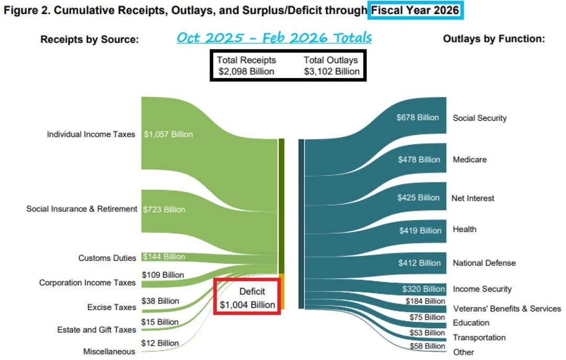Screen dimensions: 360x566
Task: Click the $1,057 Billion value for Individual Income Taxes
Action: click(x=168, y=134)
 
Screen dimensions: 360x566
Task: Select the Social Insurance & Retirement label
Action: click(x=82, y=209)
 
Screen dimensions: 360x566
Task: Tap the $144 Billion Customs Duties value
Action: click(x=164, y=257)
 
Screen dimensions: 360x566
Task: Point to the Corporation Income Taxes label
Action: click(x=87, y=283)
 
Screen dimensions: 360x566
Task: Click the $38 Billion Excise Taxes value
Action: click(x=160, y=301)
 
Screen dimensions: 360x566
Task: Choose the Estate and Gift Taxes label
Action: click(x=96, y=330)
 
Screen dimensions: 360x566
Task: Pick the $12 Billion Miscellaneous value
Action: click(x=160, y=343)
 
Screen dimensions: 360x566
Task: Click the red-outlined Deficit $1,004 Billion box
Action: click(x=247, y=298)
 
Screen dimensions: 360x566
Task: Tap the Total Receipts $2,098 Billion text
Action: click(x=246, y=66)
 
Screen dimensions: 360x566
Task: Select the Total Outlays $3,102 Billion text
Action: click(x=331, y=66)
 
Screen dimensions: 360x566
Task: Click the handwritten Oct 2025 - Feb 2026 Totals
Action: click(x=274, y=38)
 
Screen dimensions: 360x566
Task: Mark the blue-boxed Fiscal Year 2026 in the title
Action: click(x=415, y=10)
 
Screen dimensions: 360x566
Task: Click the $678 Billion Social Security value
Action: click(x=418, y=117)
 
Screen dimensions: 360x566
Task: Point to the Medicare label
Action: click(x=470, y=160)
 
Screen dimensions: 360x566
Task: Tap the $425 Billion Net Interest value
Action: click(x=418, y=198)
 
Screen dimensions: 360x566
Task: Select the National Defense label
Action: click(x=484, y=263)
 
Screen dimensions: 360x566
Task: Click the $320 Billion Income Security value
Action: click(x=423, y=289)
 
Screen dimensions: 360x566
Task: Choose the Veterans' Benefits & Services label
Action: click(x=507, y=309)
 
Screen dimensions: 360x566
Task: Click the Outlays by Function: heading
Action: click(x=494, y=39)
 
